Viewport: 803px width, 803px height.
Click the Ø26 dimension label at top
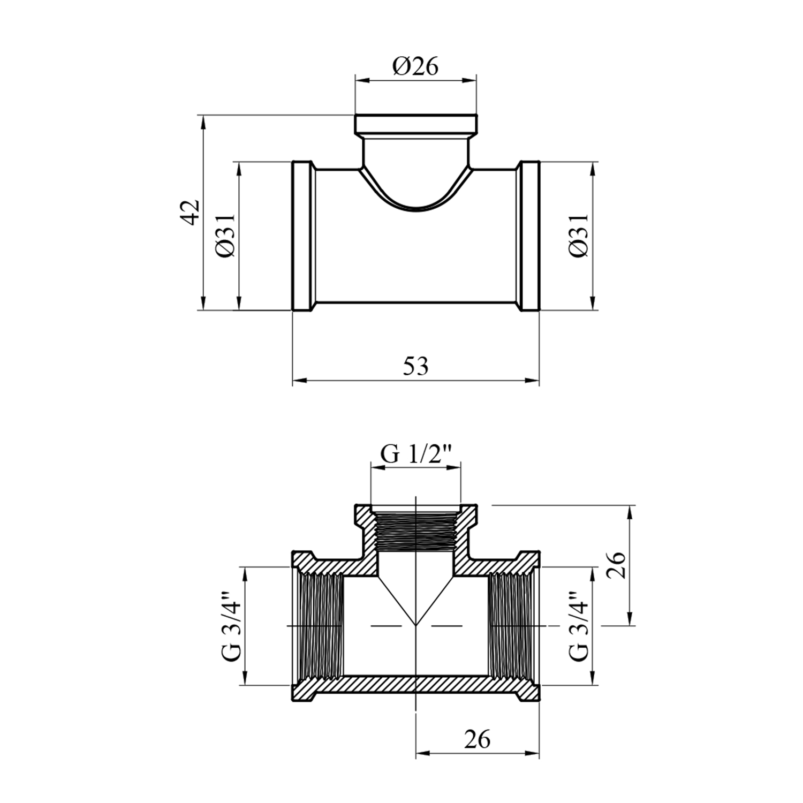(x=415, y=66)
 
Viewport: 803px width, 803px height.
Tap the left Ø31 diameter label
(x=225, y=236)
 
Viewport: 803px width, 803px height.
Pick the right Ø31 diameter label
(x=578, y=236)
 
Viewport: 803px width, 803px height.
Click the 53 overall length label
(x=416, y=367)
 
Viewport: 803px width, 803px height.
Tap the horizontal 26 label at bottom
(x=477, y=739)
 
